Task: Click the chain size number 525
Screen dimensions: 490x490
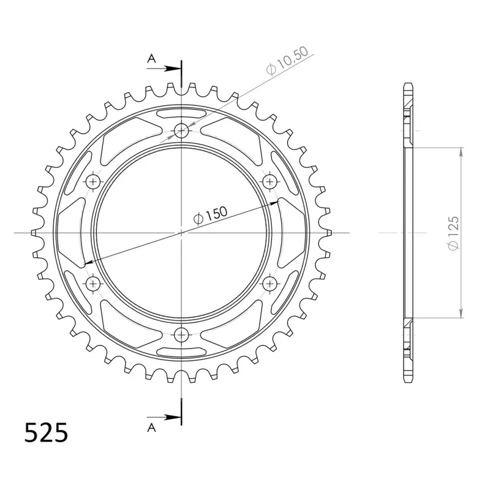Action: click(x=46, y=432)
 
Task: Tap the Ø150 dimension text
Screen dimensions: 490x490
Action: click(x=210, y=216)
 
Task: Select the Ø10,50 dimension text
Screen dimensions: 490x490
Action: click(x=287, y=61)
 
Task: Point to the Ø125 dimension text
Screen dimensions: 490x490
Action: click(x=453, y=233)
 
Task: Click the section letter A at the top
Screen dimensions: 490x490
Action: click(x=151, y=58)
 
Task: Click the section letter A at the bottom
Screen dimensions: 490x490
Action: click(x=151, y=427)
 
